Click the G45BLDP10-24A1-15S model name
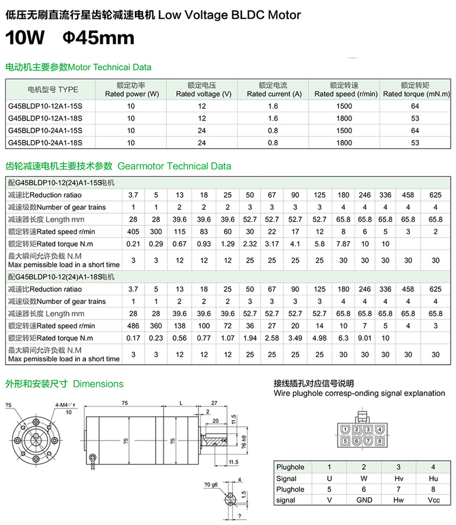[45, 130]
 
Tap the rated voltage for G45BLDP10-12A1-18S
[202, 118]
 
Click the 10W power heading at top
[25, 38]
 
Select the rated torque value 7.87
[343, 244]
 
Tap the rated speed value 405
[133, 231]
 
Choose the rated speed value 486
[133, 326]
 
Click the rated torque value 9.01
[365, 338]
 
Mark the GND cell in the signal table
[364, 500]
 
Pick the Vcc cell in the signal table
[434, 500]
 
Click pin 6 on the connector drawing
[357, 442]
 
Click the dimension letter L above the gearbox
[180, 403]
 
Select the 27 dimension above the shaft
[214, 403]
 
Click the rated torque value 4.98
[319, 338]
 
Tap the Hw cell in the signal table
[399, 500]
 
